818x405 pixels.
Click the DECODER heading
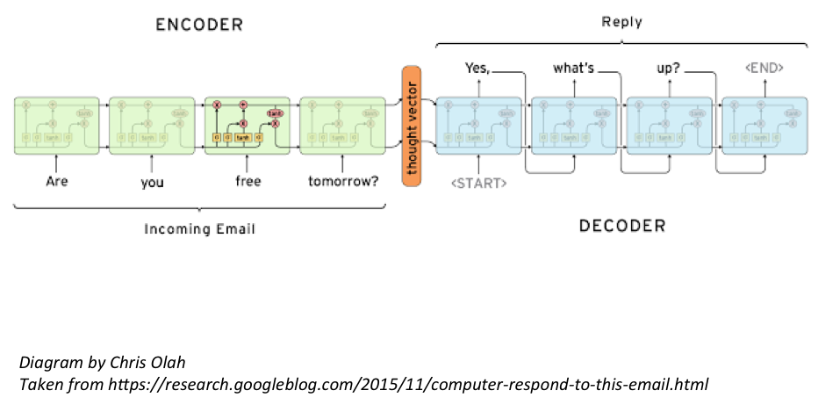point(621,226)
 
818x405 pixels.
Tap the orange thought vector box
point(412,127)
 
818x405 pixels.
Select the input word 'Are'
point(57,182)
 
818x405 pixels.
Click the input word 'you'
point(152,183)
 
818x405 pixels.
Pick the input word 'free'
point(248,183)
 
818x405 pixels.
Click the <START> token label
point(478,184)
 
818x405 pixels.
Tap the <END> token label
point(763,67)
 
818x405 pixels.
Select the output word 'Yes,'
point(478,68)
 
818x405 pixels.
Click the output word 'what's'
point(573,68)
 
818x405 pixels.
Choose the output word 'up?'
point(670,68)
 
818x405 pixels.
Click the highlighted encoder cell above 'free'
point(248,126)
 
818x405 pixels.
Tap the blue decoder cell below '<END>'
point(764,126)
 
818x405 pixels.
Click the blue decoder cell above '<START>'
point(478,126)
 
